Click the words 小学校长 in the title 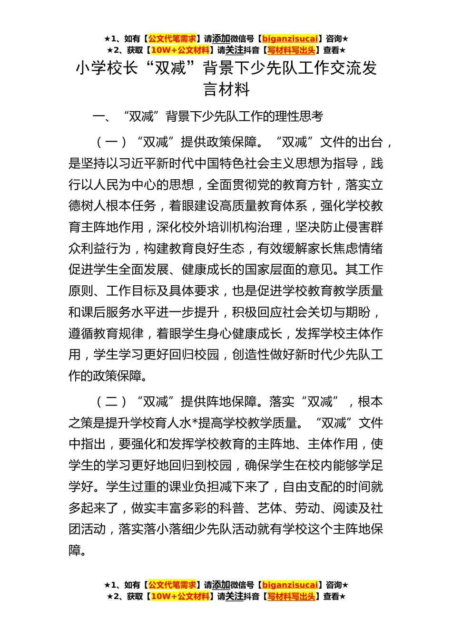point(107,68)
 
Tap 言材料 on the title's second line point(226,89)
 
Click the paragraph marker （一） point(112,142)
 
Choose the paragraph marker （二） point(112,402)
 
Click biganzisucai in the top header point(290,39)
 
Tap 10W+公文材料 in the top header point(180,50)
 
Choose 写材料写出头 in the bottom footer point(291,597)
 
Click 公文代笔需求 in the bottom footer point(172,585)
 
